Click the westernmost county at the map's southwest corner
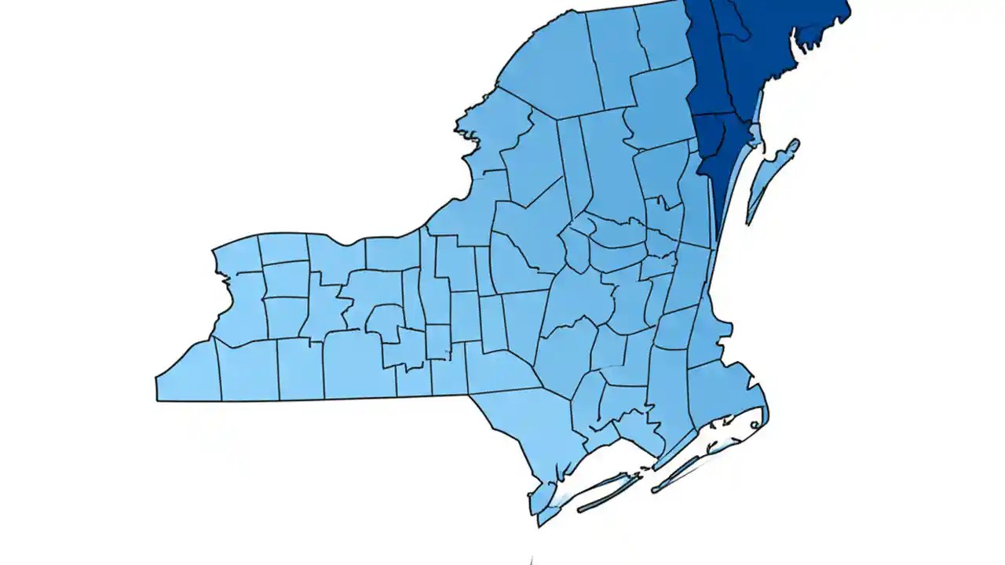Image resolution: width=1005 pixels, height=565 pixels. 188,373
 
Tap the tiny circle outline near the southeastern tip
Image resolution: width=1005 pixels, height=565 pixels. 755,425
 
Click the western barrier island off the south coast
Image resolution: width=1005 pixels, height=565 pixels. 605,493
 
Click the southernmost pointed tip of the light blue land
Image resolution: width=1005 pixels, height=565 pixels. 539,524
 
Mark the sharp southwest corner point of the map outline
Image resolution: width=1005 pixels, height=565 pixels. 157,399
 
